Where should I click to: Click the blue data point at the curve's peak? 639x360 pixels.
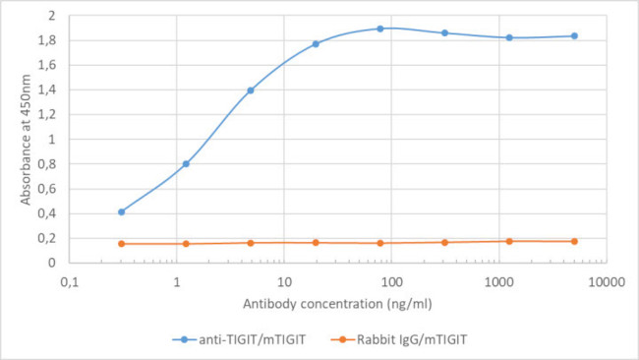coord(379,29)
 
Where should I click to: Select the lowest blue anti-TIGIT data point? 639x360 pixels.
coord(122,211)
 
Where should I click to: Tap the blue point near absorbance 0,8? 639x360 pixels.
coord(186,163)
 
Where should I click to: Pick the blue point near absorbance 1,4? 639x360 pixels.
coord(251,90)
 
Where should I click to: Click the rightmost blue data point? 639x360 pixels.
coord(574,36)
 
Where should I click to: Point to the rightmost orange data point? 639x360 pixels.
coord(574,241)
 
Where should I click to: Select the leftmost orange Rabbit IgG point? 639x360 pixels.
coord(122,244)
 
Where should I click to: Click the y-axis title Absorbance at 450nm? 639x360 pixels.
coord(27,139)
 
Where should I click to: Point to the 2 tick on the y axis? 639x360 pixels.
coord(49,17)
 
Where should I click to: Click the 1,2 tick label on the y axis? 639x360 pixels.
coord(45,115)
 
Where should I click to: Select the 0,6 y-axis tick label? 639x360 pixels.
coord(45,189)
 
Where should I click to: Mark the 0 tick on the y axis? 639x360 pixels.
coord(49,263)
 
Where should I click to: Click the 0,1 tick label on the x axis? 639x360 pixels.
coord(70,282)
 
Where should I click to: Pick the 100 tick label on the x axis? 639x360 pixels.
coord(390,282)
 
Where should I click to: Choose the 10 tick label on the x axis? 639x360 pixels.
coord(283,282)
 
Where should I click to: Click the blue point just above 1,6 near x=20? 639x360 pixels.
coord(316,43)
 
